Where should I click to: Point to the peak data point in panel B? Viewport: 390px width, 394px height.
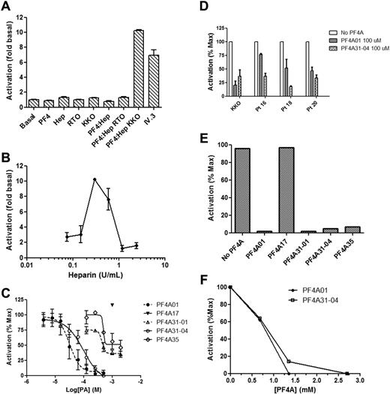115,179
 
